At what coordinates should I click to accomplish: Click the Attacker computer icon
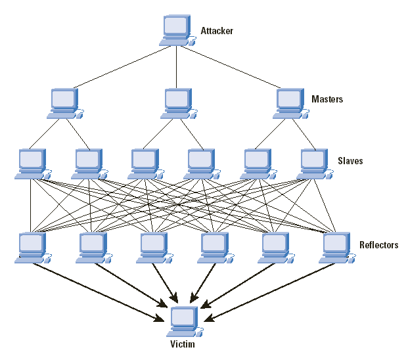[177, 30]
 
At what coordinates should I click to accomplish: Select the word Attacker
[216, 31]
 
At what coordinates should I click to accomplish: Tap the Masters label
[327, 99]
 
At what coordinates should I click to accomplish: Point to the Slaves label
[350, 161]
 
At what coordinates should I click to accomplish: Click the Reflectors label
[378, 245]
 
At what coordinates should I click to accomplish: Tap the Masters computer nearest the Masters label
[290, 103]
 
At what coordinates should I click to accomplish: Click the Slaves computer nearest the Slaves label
[313, 163]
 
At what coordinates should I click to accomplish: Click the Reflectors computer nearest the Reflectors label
[337, 247]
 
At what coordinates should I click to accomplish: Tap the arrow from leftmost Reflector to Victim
[99, 291]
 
